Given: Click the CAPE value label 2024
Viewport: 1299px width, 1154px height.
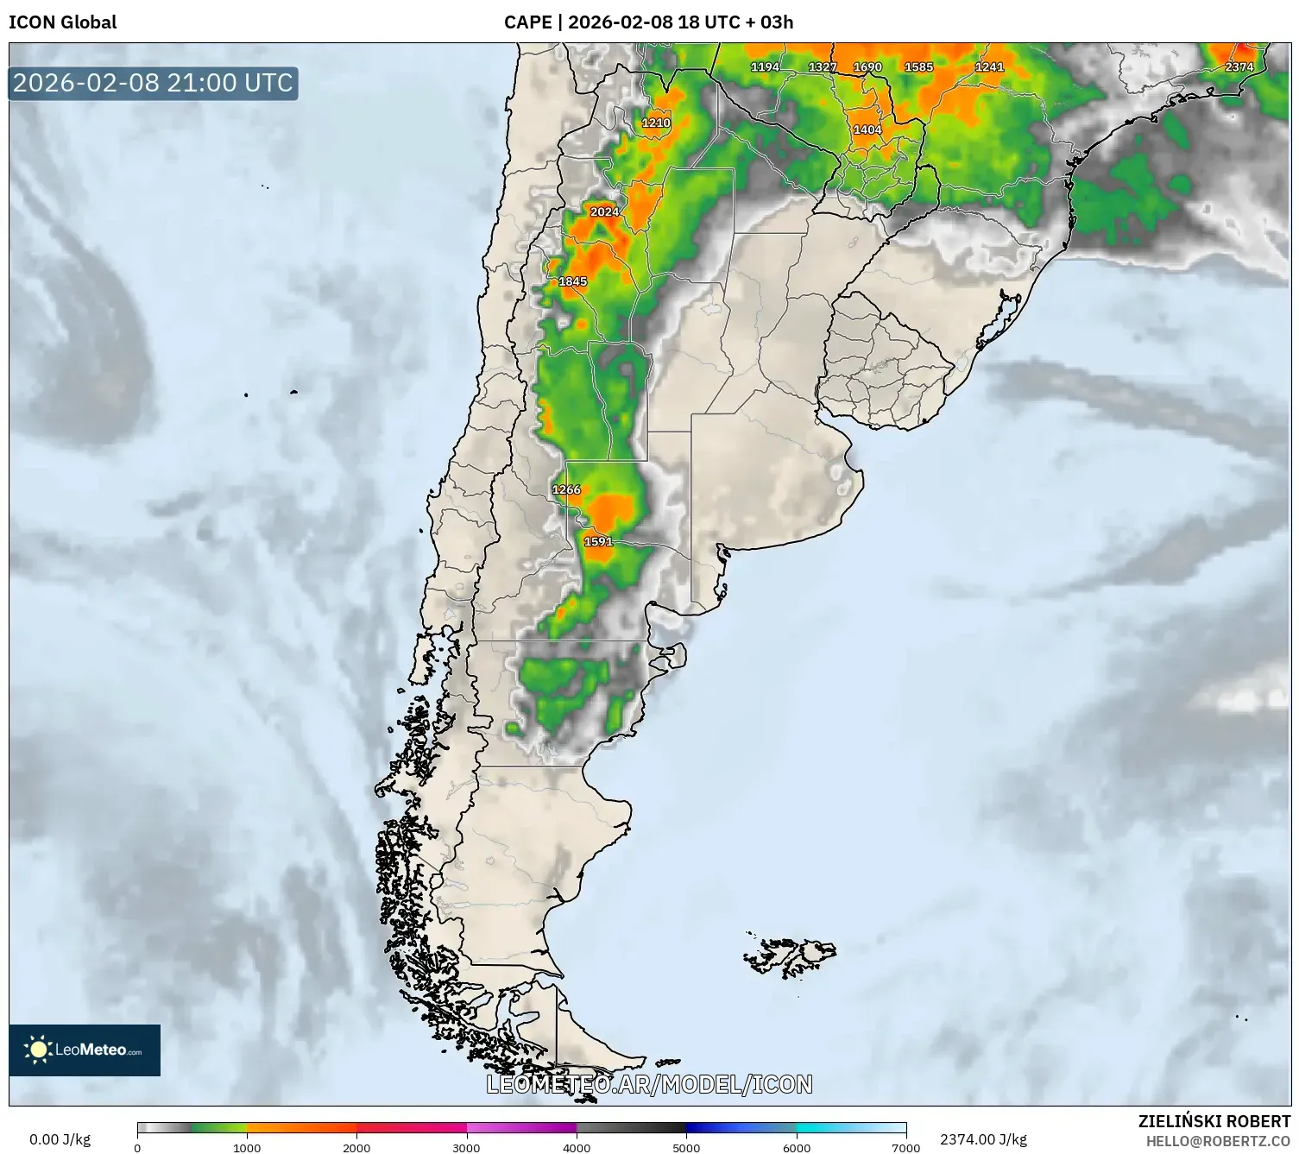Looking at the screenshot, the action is (x=604, y=211).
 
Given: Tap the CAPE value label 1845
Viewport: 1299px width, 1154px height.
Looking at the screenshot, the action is (x=572, y=281).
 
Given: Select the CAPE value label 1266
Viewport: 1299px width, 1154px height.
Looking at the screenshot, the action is (x=566, y=489).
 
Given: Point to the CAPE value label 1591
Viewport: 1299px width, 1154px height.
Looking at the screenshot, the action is (x=598, y=541).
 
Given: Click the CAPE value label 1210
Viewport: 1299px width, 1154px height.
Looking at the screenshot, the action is (x=656, y=123).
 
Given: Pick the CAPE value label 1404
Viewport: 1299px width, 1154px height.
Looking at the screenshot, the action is (x=867, y=129).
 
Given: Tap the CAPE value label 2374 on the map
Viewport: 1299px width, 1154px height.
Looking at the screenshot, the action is (x=1239, y=66).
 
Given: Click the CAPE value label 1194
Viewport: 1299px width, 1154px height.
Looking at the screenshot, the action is (x=765, y=66).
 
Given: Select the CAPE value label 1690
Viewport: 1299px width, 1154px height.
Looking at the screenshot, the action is (x=867, y=66).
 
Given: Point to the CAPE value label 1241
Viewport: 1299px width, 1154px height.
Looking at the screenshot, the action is (x=989, y=66).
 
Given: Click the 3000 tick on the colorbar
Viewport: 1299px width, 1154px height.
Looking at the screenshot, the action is (x=467, y=1147).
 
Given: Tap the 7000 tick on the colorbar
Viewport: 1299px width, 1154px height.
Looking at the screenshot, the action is (x=905, y=1147).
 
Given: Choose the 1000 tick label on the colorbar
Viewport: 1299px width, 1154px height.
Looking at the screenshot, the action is (x=247, y=1147).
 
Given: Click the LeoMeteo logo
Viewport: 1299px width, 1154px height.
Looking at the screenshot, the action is (x=85, y=1050).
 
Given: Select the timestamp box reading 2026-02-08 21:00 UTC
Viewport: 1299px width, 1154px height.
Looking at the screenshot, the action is (x=154, y=83).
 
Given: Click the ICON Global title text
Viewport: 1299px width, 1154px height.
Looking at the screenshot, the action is (x=62, y=22).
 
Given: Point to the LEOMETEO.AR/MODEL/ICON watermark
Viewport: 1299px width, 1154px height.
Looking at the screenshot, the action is (x=649, y=1084).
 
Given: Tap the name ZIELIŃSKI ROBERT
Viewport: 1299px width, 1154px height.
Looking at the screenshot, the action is (x=1214, y=1121).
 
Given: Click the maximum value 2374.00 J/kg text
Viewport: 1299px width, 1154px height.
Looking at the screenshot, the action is (x=983, y=1139).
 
